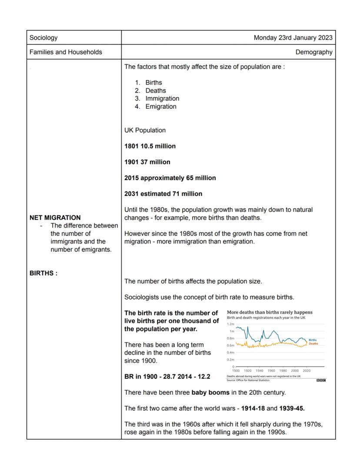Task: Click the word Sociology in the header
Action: click(43, 38)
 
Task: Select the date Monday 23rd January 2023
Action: click(293, 38)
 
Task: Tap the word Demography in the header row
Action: click(314, 52)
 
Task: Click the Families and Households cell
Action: click(66, 52)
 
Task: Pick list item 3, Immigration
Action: click(162, 98)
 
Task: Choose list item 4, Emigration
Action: click(161, 107)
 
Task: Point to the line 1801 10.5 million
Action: click(150, 146)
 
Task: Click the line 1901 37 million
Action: click(147, 162)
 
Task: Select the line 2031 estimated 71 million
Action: click(163, 194)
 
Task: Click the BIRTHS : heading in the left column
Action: click(43, 274)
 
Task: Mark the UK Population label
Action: click(145, 130)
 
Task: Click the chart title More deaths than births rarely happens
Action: click(270, 312)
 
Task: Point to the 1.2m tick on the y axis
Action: click(231, 324)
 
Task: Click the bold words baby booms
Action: click(209, 392)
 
